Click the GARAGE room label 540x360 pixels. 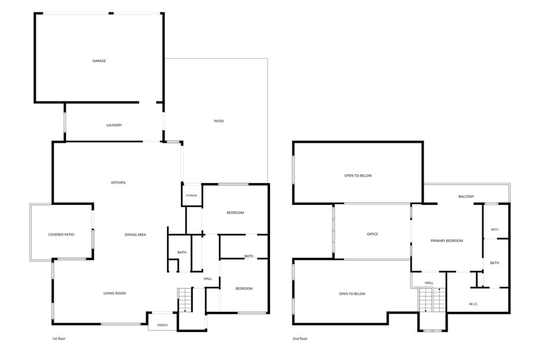coord(99,61)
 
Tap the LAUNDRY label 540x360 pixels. coord(114,125)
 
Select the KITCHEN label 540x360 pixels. coord(118,183)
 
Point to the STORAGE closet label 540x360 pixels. coord(191,196)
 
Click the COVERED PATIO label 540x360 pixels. coord(61,235)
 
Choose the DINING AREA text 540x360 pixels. coord(136,235)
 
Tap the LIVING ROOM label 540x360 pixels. coord(114,294)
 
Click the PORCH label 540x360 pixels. coord(162,325)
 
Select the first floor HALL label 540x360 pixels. coord(208,279)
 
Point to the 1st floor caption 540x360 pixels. coord(59,339)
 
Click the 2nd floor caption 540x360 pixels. coord(300,339)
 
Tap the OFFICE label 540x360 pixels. coord(372,235)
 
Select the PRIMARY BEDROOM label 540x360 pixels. coord(447,241)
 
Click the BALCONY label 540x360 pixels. coord(466,197)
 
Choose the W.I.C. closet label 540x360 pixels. coord(474,304)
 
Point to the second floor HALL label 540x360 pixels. coord(429,283)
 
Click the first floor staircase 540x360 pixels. coord(185,300)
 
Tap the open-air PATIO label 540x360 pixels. coord(219,121)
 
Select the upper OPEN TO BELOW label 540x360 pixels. coord(358,176)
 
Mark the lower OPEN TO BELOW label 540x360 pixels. coord(352,294)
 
